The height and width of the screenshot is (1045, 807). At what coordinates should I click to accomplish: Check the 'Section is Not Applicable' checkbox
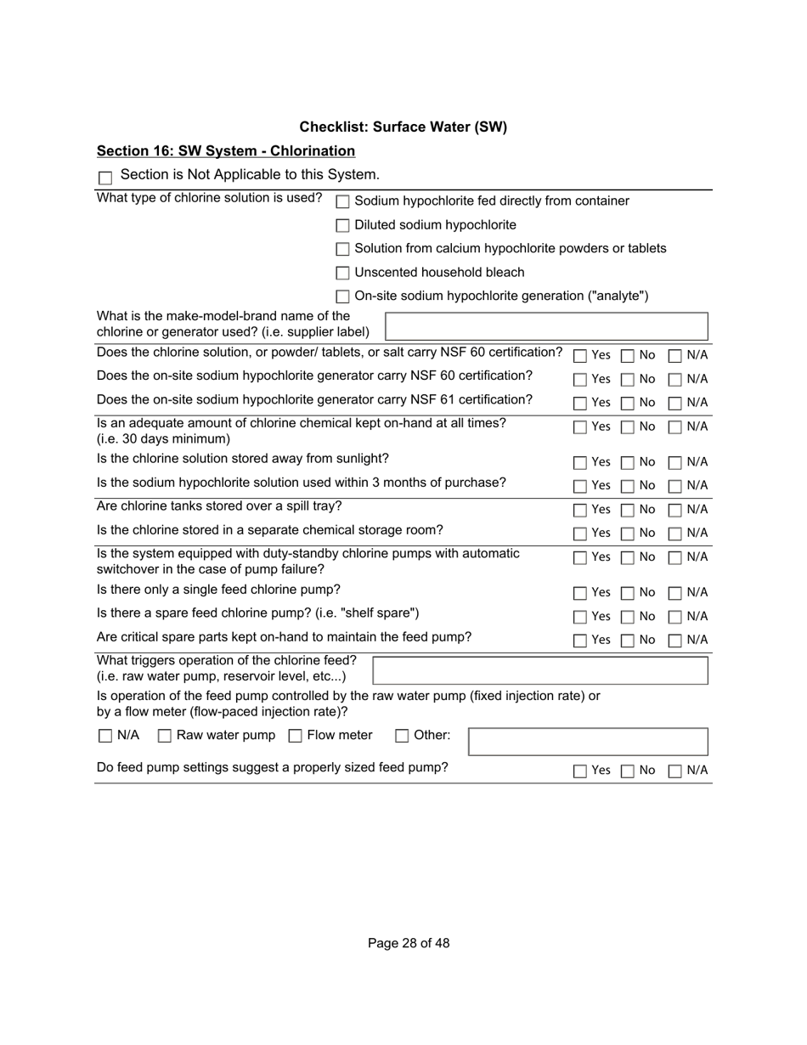(105, 178)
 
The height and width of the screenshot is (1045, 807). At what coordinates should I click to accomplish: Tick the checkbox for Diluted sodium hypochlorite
(342, 226)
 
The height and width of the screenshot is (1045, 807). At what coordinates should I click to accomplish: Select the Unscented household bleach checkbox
(342, 274)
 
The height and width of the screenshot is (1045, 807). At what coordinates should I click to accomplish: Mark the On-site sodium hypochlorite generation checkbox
(342, 297)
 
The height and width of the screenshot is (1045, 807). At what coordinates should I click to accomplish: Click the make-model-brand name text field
(546, 326)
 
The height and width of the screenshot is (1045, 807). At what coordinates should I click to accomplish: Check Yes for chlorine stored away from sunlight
(580, 463)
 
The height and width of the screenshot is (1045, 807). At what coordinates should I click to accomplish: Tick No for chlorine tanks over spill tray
(628, 511)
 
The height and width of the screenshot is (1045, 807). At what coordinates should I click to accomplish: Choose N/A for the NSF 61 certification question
(675, 404)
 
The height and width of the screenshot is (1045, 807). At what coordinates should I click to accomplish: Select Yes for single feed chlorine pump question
(580, 593)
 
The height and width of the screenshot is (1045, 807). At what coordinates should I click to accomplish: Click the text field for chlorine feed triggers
(540, 670)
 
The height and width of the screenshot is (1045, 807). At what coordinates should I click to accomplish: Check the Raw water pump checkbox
(165, 737)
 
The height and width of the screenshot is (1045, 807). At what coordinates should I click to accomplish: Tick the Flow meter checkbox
(296, 737)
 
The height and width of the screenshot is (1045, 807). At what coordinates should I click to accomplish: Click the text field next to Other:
(588, 742)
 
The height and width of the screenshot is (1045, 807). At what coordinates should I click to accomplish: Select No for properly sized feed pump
(628, 771)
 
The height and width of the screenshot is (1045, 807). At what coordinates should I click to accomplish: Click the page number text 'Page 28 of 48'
(409, 943)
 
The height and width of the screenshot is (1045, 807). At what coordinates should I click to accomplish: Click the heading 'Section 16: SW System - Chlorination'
(226, 151)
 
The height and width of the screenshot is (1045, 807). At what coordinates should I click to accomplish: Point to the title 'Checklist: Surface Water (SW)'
(403, 127)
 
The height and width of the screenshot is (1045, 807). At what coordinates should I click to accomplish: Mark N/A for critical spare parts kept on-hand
(675, 641)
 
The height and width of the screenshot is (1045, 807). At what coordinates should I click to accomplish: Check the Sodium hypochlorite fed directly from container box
(342, 202)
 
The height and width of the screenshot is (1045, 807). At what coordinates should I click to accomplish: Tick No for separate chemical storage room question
(628, 534)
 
